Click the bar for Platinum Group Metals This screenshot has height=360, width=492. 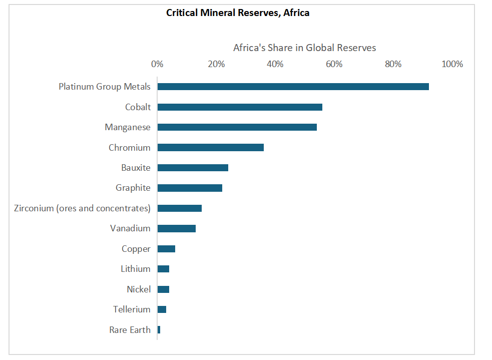click(293, 87)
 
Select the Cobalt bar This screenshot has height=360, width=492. click(240, 107)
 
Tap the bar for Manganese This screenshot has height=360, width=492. click(237, 127)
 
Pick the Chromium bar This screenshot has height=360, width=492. click(210, 148)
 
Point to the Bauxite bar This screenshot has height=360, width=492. click(193, 168)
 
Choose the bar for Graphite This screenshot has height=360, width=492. click(190, 188)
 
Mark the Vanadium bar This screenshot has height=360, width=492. click(176, 228)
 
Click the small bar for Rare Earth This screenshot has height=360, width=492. click(159, 329)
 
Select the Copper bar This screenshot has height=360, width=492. click(166, 249)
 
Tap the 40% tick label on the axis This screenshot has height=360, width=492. click(275, 64)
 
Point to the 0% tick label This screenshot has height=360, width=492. click(157, 64)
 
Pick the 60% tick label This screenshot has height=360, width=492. click(334, 64)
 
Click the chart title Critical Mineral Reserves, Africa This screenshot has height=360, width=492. click(238, 13)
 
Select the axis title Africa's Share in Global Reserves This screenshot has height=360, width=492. click(304, 48)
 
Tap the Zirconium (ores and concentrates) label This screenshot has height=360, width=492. click(82, 208)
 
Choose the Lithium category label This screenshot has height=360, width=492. click(135, 269)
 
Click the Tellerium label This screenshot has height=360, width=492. click(132, 309)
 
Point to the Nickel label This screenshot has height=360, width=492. click(139, 289)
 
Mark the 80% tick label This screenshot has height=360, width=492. click(393, 64)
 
